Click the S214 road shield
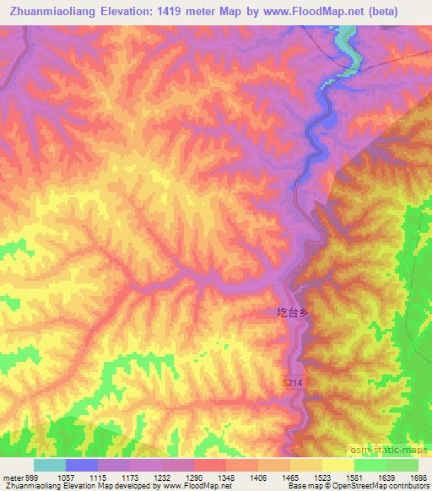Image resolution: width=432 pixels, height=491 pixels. pyautogui.click(x=292, y=384)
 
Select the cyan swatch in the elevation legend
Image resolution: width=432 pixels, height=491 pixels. pyautogui.click(x=50, y=465)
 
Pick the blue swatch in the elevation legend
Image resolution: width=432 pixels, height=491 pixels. pyautogui.click(x=82, y=465)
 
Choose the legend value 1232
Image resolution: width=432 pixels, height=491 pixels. pyautogui.click(x=178, y=477)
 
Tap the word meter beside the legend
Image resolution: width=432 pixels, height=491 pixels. pyautogui.click(x=13, y=477)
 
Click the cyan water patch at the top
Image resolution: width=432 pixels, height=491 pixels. pyautogui.click(x=345, y=38)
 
